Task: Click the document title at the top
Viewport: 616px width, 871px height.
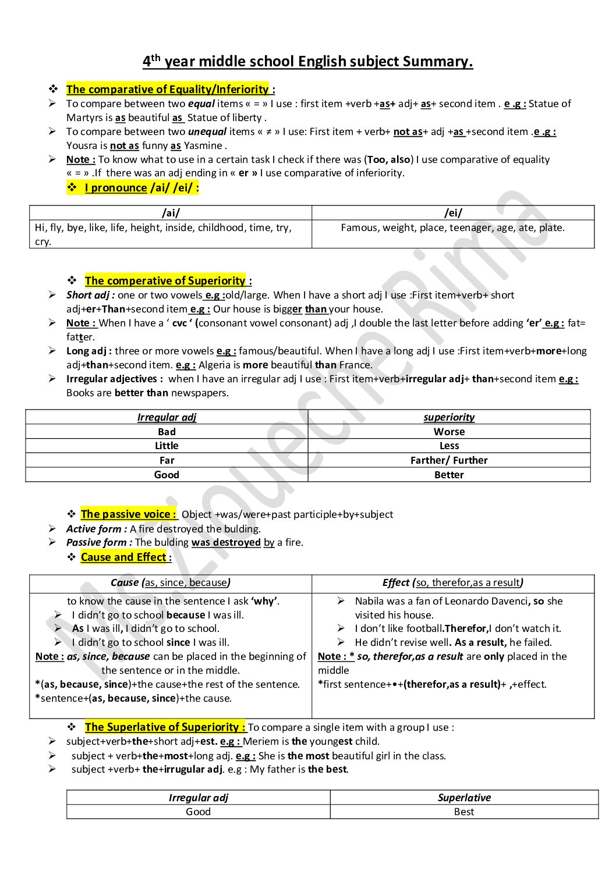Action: (x=307, y=62)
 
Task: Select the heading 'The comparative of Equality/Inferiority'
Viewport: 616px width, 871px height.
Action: (x=168, y=89)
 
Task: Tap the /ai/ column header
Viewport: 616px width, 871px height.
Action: (x=171, y=213)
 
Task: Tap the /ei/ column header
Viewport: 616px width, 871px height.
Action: (x=453, y=213)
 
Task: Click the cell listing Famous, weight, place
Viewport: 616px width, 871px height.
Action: (x=453, y=227)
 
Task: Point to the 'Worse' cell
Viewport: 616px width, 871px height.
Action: (x=449, y=432)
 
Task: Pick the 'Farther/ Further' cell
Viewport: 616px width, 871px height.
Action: (x=449, y=460)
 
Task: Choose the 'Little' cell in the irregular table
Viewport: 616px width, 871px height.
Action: (x=167, y=446)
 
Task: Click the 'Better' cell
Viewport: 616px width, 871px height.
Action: (x=449, y=475)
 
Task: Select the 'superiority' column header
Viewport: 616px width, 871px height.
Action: (x=449, y=417)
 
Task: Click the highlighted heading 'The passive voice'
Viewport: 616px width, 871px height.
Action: (x=128, y=514)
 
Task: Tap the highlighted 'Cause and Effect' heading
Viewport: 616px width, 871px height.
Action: (x=124, y=557)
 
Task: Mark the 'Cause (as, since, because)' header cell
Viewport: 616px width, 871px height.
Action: (x=171, y=582)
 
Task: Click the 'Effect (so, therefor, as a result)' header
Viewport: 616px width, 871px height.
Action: (x=453, y=582)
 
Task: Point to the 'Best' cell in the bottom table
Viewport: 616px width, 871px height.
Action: (x=464, y=812)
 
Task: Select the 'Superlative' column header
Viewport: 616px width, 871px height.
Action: (x=464, y=797)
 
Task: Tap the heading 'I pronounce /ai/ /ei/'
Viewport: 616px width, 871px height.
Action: (x=141, y=187)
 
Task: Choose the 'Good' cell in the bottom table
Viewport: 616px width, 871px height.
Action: (x=198, y=812)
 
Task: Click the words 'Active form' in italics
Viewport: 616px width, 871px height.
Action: (x=96, y=529)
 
